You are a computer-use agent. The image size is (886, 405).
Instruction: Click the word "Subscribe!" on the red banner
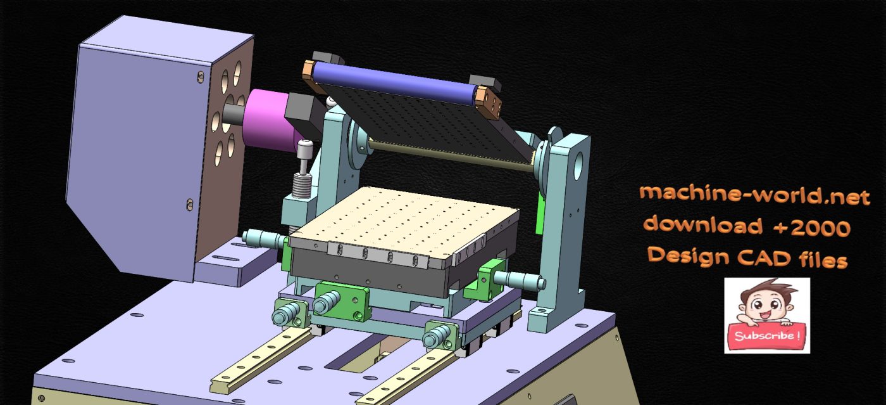coord(766,335)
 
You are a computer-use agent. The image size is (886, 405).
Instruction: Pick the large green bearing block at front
coord(342,300)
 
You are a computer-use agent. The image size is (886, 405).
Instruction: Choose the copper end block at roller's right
coord(490,101)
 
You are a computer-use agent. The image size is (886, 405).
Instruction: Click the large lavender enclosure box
coord(136,152)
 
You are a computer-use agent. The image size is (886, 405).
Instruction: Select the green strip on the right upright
coord(540,212)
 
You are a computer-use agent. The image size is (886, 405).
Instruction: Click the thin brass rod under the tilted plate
coord(443,155)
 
